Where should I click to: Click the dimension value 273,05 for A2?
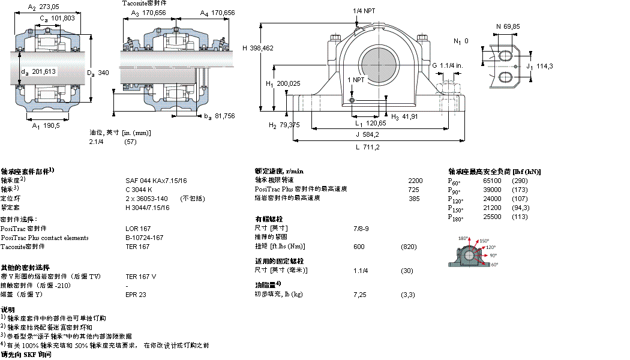tap(49, 7)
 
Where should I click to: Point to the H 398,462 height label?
tap(258, 48)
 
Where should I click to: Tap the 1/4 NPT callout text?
tap(365, 11)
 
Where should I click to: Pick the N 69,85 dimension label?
tap(508, 26)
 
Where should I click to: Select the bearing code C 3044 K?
tap(139, 190)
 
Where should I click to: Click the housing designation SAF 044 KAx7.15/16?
tap(156, 181)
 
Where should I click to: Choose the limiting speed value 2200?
tap(415, 181)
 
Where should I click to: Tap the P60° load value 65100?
tap(493, 181)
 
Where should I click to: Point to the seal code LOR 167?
tap(138, 229)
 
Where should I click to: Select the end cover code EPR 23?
tap(136, 295)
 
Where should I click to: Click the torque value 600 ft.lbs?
tap(359, 247)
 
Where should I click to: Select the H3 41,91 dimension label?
tap(405, 116)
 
